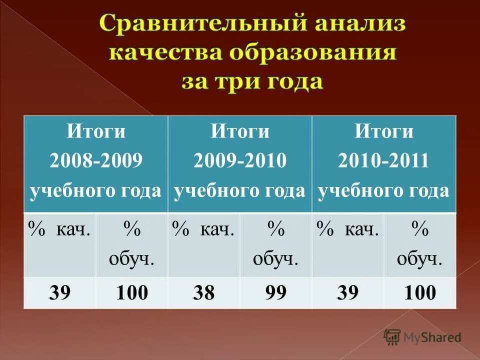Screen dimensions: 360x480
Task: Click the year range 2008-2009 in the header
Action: pyautogui.click(x=95, y=161)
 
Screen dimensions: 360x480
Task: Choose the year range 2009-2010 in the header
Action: pyautogui.click(x=239, y=161)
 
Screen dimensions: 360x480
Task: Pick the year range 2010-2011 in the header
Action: pyautogui.click(x=383, y=161)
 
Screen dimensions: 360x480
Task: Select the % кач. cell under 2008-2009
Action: pyautogui.click(x=59, y=230)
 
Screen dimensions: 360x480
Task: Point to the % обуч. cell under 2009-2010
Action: pyautogui.click(x=275, y=244)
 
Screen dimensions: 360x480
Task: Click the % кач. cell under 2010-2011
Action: pyautogui.click(x=347, y=230)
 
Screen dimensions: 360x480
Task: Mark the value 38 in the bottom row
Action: pyautogui.click(x=203, y=293)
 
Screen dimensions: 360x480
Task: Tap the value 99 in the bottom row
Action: pyautogui.click(x=275, y=293)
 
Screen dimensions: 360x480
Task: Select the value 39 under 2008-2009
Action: pyautogui.click(x=59, y=293)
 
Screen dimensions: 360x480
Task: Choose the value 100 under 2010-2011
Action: pyautogui.click(x=420, y=293)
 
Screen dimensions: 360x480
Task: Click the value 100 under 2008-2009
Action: pyautogui.click(x=132, y=293)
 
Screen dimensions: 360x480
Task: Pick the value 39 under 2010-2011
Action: pyautogui.click(x=347, y=293)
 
